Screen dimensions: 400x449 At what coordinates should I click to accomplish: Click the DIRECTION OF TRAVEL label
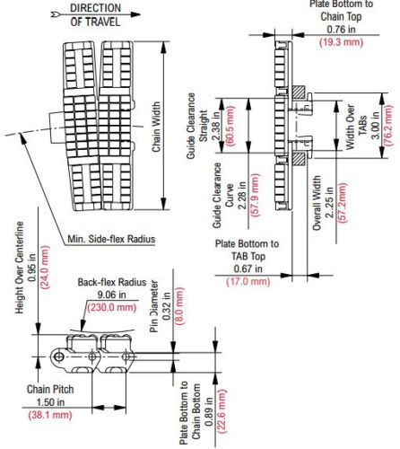click(x=95, y=15)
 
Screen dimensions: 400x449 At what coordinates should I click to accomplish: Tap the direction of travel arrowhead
click(x=135, y=14)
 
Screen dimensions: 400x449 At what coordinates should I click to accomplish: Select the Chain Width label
click(x=156, y=127)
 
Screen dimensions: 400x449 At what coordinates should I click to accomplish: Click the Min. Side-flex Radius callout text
click(x=111, y=239)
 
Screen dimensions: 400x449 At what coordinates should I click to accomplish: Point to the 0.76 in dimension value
click(x=341, y=30)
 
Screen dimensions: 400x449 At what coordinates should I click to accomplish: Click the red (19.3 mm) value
click(x=341, y=42)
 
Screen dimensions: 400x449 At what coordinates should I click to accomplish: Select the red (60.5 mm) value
click(x=230, y=126)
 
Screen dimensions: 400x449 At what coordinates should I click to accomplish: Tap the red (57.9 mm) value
click(x=256, y=195)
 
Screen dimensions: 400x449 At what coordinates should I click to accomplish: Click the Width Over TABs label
click(x=356, y=127)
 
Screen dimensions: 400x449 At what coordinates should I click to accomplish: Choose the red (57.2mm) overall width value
click(x=342, y=203)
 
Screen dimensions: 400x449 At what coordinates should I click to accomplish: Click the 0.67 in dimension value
click(x=248, y=269)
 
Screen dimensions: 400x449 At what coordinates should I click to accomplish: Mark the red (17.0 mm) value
click(x=248, y=282)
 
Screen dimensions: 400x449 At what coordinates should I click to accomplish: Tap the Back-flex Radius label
click(x=112, y=282)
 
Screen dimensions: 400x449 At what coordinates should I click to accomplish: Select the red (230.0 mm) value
click(x=112, y=307)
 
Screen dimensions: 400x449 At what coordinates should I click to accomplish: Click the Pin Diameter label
click(x=153, y=306)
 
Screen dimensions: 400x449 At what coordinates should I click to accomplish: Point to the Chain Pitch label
click(x=50, y=389)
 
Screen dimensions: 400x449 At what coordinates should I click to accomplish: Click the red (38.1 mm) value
click(x=50, y=415)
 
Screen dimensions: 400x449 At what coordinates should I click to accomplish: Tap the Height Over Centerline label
click(x=20, y=268)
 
